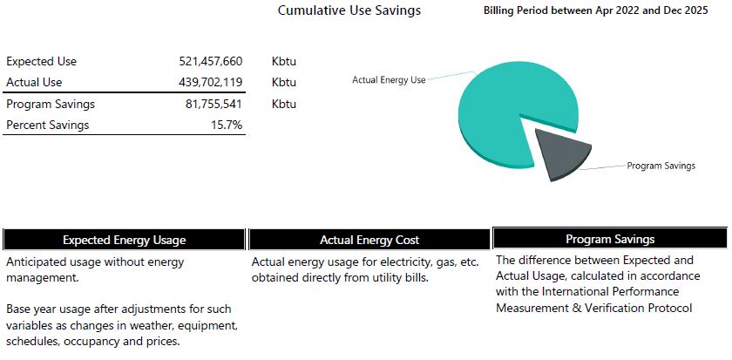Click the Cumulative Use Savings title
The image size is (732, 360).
coord(349,10)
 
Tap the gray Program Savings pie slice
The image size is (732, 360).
coord(559,153)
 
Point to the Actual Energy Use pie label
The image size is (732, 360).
coord(389,79)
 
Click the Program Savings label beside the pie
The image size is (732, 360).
coord(661,166)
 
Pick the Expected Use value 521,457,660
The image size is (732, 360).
coord(209,62)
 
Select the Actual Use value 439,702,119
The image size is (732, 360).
coord(209,83)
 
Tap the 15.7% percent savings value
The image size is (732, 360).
coord(227,126)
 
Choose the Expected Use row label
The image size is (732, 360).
coord(42,62)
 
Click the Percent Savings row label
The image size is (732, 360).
coord(48,126)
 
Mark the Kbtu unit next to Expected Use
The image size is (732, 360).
coord(284,62)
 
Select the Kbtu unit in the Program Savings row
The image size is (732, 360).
coord(284,105)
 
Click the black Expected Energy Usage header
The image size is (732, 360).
coord(124,240)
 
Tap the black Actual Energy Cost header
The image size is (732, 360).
coord(369,240)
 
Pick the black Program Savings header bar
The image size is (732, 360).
coord(610,239)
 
